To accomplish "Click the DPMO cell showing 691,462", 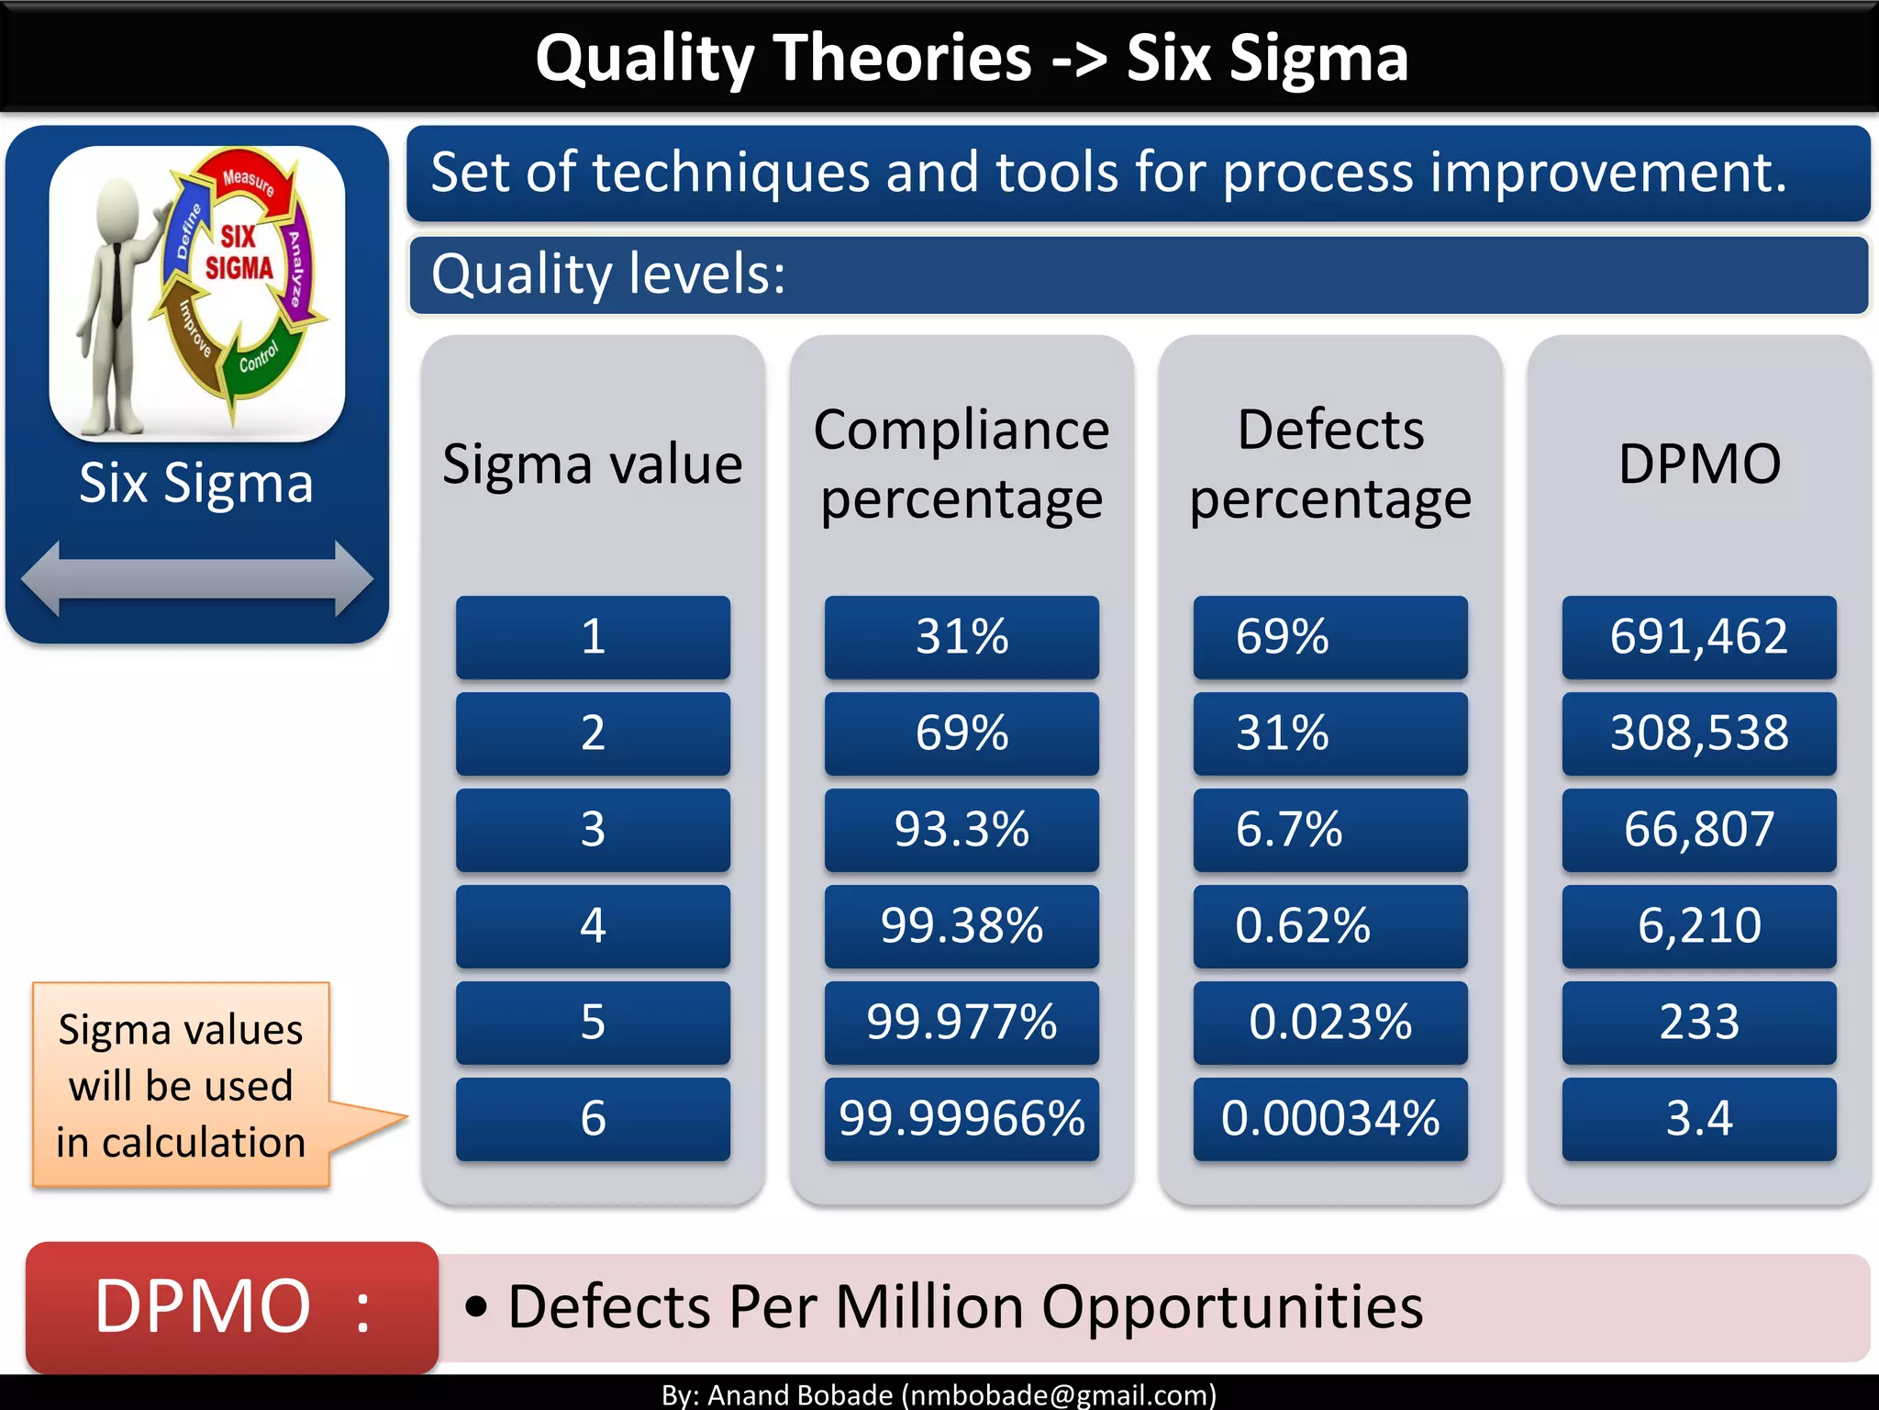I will coord(1698,637).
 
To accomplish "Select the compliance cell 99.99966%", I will coord(962,1119).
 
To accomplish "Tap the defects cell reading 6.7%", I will coord(1329,830).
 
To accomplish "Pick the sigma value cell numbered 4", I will coord(593,926).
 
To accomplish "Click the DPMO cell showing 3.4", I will coord(1698,1119).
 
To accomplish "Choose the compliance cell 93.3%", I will coord(962,830).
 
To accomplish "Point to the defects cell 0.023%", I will coord(1329,1023).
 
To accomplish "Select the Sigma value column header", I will coord(593,464).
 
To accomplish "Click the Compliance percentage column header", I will coord(962,464).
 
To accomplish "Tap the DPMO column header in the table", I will coord(1698,464).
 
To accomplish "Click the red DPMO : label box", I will coord(232,1306).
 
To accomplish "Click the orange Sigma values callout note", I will coord(181,1086).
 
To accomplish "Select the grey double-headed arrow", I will coord(196,578).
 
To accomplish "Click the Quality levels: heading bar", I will coord(1138,274).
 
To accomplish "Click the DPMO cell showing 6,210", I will coord(1698,926).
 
